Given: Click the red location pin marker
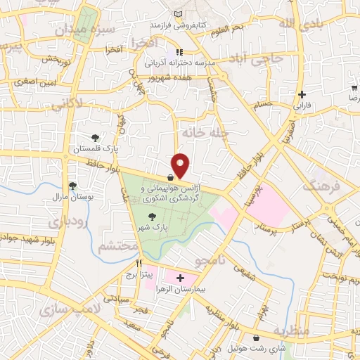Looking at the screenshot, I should point(181,165).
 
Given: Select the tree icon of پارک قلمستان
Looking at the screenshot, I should point(96,137).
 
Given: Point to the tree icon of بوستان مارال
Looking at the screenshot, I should point(72,186).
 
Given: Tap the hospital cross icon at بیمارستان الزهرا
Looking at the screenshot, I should point(181,278).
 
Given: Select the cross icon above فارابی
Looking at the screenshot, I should point(301,95).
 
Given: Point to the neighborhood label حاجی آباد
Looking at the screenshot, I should point(260,62).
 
